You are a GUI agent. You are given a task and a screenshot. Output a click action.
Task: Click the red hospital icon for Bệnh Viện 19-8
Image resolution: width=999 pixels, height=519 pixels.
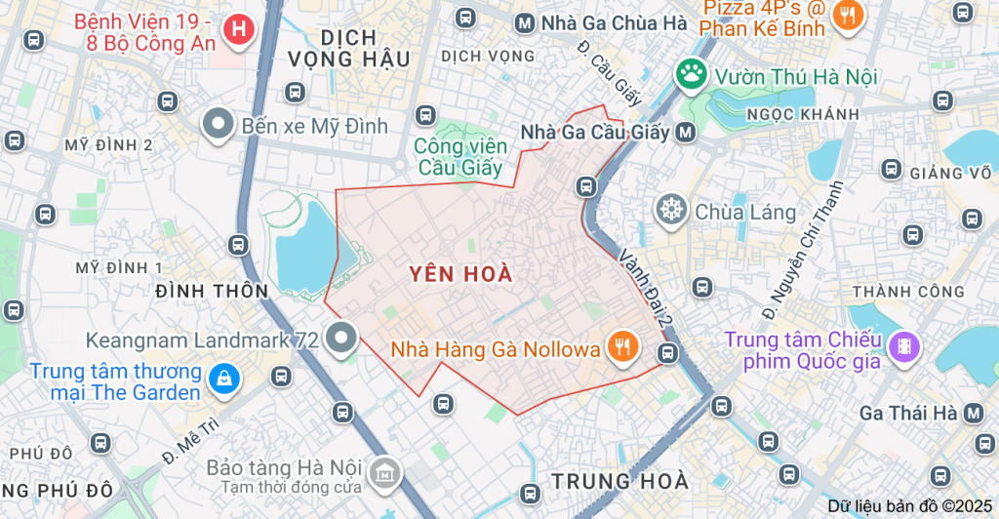237,29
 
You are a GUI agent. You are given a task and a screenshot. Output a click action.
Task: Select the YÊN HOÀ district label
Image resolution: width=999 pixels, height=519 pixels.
460,274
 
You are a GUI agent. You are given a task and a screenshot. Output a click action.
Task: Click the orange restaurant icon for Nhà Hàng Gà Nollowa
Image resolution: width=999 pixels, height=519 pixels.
620,346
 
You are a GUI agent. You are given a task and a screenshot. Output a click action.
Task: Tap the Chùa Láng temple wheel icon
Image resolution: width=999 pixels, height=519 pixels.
671,210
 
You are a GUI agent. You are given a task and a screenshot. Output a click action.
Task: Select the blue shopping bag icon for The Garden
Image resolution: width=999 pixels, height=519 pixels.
224,377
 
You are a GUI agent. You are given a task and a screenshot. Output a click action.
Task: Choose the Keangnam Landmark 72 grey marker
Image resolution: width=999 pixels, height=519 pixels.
340,339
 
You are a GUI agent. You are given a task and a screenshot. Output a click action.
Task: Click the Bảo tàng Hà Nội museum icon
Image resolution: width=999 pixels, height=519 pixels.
385,473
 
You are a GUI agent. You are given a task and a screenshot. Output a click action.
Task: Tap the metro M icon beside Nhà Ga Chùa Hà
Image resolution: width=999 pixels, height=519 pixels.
525,22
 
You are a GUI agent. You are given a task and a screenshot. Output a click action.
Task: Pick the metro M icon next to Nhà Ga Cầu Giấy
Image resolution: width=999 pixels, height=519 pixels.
687,132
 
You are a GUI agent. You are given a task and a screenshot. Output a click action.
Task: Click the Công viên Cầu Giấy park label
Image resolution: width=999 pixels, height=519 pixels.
460,156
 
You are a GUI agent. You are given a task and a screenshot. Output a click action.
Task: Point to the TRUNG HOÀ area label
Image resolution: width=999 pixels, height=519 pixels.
619,481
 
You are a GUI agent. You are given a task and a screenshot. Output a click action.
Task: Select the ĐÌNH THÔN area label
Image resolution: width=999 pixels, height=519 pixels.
212,291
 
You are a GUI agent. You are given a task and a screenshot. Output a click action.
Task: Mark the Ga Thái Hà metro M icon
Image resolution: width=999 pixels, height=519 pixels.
974,413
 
